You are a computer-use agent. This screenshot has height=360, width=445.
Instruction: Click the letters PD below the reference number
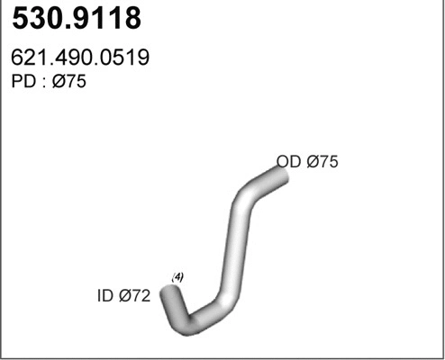[21, 82]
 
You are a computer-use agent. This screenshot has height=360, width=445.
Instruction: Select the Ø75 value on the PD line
[70, 82]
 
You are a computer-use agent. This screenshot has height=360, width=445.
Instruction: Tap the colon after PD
[41, 83]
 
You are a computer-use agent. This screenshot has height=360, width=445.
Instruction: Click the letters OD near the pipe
[288, 162]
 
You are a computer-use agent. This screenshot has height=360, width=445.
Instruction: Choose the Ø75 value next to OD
[322, 162]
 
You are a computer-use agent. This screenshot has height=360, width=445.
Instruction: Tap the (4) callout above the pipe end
[177, 277]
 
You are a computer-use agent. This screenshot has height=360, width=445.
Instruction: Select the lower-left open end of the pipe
[168, 292]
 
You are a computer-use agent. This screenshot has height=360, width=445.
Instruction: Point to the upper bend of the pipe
[245, 195]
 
